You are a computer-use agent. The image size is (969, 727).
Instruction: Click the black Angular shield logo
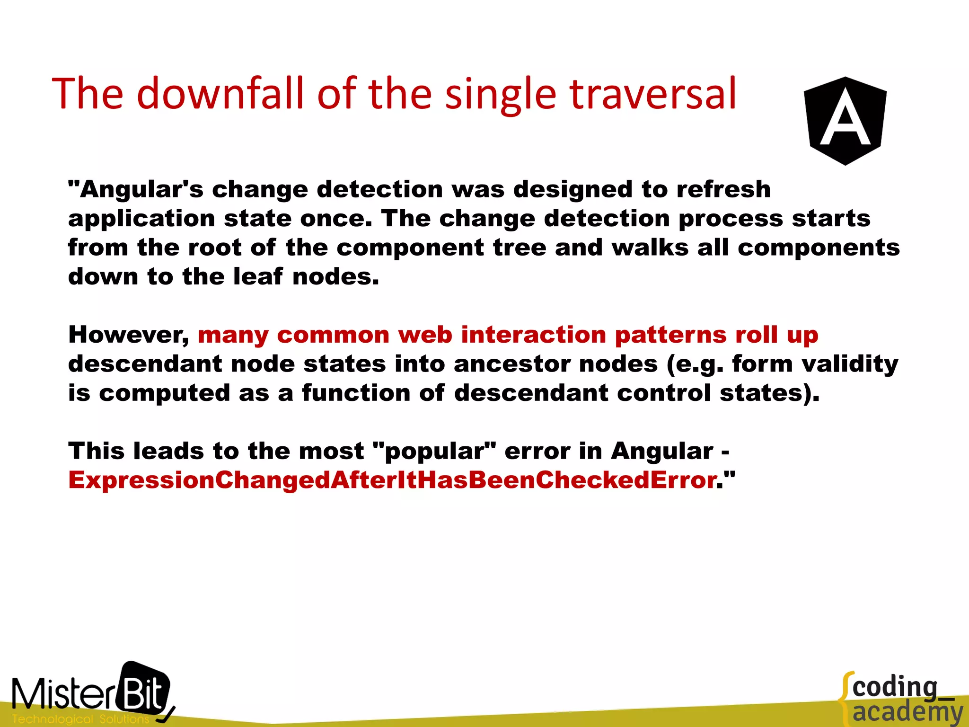(845, 121)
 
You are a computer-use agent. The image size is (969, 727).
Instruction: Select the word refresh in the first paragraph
(723, 189)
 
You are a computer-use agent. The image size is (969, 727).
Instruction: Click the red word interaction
(533, 335)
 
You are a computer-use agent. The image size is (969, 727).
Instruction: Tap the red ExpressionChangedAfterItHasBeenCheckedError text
(392, 480)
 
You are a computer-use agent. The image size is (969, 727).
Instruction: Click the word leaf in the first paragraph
(258, 276)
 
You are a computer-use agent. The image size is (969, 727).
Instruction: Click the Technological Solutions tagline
(80, 719)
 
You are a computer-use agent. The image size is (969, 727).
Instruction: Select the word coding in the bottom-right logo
(895, 688)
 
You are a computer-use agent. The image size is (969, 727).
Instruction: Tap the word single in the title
(501, 95)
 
